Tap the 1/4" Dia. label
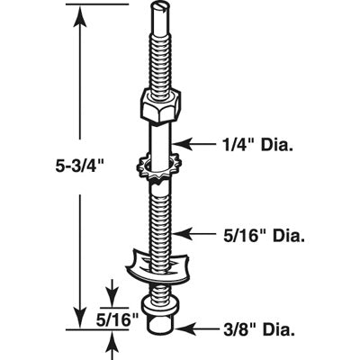coord(255,145)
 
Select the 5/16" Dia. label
coord(264,237)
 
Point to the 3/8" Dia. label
coord(258,329)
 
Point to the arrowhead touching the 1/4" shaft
coord(182,144)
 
